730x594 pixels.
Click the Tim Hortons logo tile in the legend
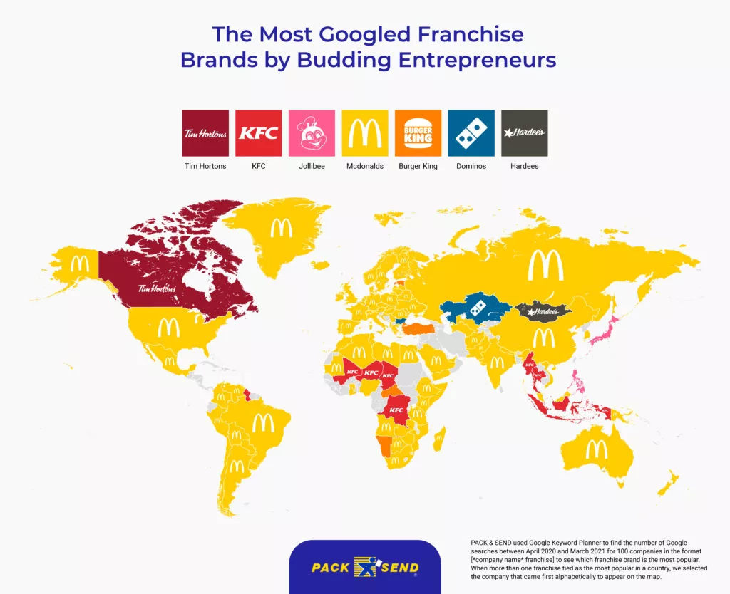pyautogui.click(x=205, y=133)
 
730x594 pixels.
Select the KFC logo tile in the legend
pyautogui.click(x=259, y=133)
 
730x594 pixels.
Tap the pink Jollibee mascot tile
pyautogui.click(x=312, y=133)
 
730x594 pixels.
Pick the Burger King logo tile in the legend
pyautogui.click(x=418, y=133)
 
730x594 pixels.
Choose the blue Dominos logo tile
pyautogui.click(x=471, y=133)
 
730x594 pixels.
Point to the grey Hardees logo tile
pyautogui.click(x=525, y=133)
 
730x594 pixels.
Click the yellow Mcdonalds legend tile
pyautogui.click(x=365, y=133)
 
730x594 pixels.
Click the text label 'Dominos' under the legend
pyautogui.click(x=471, y=166)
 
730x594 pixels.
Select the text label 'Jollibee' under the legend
pyautogui.click(x=312, y=166)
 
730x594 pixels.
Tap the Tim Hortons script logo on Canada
pyautogui.click(x=156, y=288)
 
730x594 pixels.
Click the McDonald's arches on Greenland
pyautogui.click(x=280, y=228)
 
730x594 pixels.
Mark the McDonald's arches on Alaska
pyautogui.click(x=79, y=264)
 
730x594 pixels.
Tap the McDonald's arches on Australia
pyautogui.click(x=596, y=449)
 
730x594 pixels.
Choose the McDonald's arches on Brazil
pyautogui.click(x=263, y=422)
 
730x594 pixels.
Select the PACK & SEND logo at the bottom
pyautogui.click(x=365, y=568)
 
